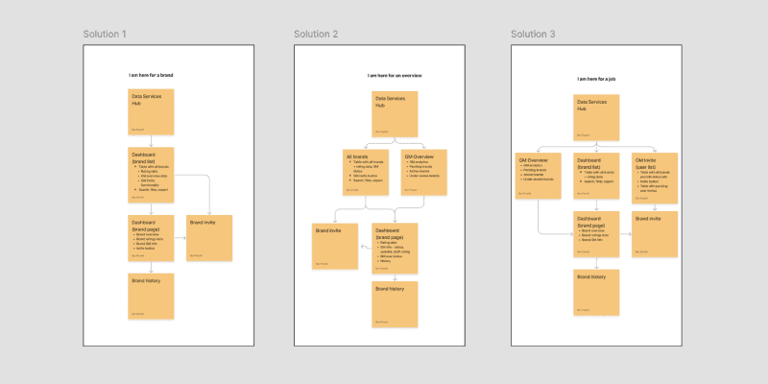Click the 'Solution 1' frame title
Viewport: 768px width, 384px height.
[x=105, y=35]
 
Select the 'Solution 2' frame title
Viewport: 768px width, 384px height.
[x=316, y=35]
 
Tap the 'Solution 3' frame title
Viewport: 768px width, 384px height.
[x=533, y=35]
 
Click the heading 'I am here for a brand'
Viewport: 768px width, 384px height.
[x=152, y=75]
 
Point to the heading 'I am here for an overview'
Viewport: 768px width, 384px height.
[x=395, y=75]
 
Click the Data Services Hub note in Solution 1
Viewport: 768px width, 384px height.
[x=152, y=111]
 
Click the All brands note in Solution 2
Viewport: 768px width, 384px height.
[x=365, y=172]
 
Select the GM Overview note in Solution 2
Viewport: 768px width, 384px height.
[x=423, y=172]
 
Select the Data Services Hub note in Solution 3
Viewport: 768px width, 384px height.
[x=596, y=117]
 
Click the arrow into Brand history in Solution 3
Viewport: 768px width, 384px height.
[x=596, y=264]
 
